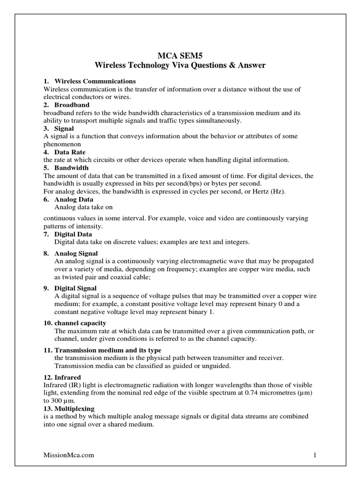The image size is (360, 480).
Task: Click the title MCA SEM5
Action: coord(180,55)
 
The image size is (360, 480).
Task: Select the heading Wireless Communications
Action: coord(95,82)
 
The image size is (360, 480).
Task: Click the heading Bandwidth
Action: coord(71,168)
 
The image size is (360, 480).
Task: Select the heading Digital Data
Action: coord(73,234)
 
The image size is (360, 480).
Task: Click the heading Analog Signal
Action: coord(76,253)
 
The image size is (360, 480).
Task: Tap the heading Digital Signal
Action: coord(75,288)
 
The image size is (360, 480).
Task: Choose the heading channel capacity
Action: coord(80,323)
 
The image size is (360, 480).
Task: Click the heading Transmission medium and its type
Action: coord(108,350)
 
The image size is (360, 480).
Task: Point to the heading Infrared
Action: coord(68,377)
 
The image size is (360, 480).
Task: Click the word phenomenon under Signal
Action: coord(62,144)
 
